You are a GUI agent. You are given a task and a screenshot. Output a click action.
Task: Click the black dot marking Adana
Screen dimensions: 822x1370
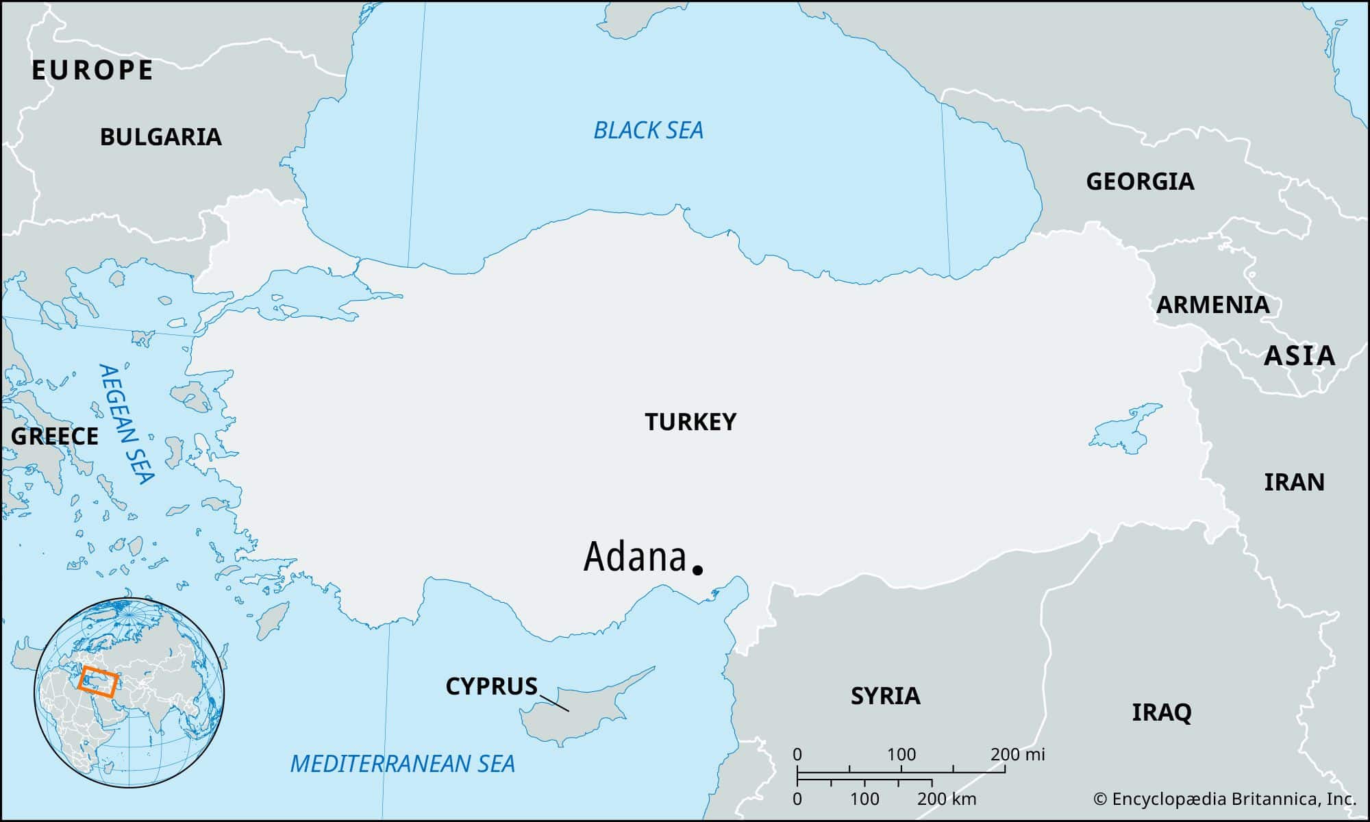698,569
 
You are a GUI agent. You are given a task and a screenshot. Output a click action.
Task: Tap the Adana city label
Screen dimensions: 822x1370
634,557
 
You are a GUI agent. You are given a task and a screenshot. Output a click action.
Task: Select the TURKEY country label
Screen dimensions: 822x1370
690,422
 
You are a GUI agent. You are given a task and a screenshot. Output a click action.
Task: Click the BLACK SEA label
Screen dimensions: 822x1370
648,130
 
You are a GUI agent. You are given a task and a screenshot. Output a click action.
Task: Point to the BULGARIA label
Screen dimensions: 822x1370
161,137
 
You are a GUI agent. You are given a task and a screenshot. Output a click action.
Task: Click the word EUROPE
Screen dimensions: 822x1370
92,71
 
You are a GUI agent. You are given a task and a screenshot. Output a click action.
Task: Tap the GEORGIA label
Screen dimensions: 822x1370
1140,182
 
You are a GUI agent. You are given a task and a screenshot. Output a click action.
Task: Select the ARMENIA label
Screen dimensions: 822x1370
1212,305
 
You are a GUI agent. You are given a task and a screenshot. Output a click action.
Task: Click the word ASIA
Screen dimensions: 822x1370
1299,356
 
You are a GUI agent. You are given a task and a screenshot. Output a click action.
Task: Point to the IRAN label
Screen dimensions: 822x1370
1294,482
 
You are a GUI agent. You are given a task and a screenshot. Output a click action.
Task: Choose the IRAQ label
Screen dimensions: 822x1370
1161,712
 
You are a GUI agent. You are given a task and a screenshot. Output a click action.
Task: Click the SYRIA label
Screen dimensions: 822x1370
885,696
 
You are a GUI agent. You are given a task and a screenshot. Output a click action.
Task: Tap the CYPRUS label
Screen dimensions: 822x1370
491,686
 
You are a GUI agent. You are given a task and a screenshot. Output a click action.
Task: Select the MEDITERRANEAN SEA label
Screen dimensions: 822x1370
402,763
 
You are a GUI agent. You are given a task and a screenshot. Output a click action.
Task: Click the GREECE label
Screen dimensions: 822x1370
55,436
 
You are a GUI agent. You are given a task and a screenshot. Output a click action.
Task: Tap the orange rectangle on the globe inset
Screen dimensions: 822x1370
97,682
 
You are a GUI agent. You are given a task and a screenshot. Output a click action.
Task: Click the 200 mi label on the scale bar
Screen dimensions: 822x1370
1017,755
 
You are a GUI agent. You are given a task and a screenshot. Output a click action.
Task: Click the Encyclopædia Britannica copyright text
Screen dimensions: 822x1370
1224,799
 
